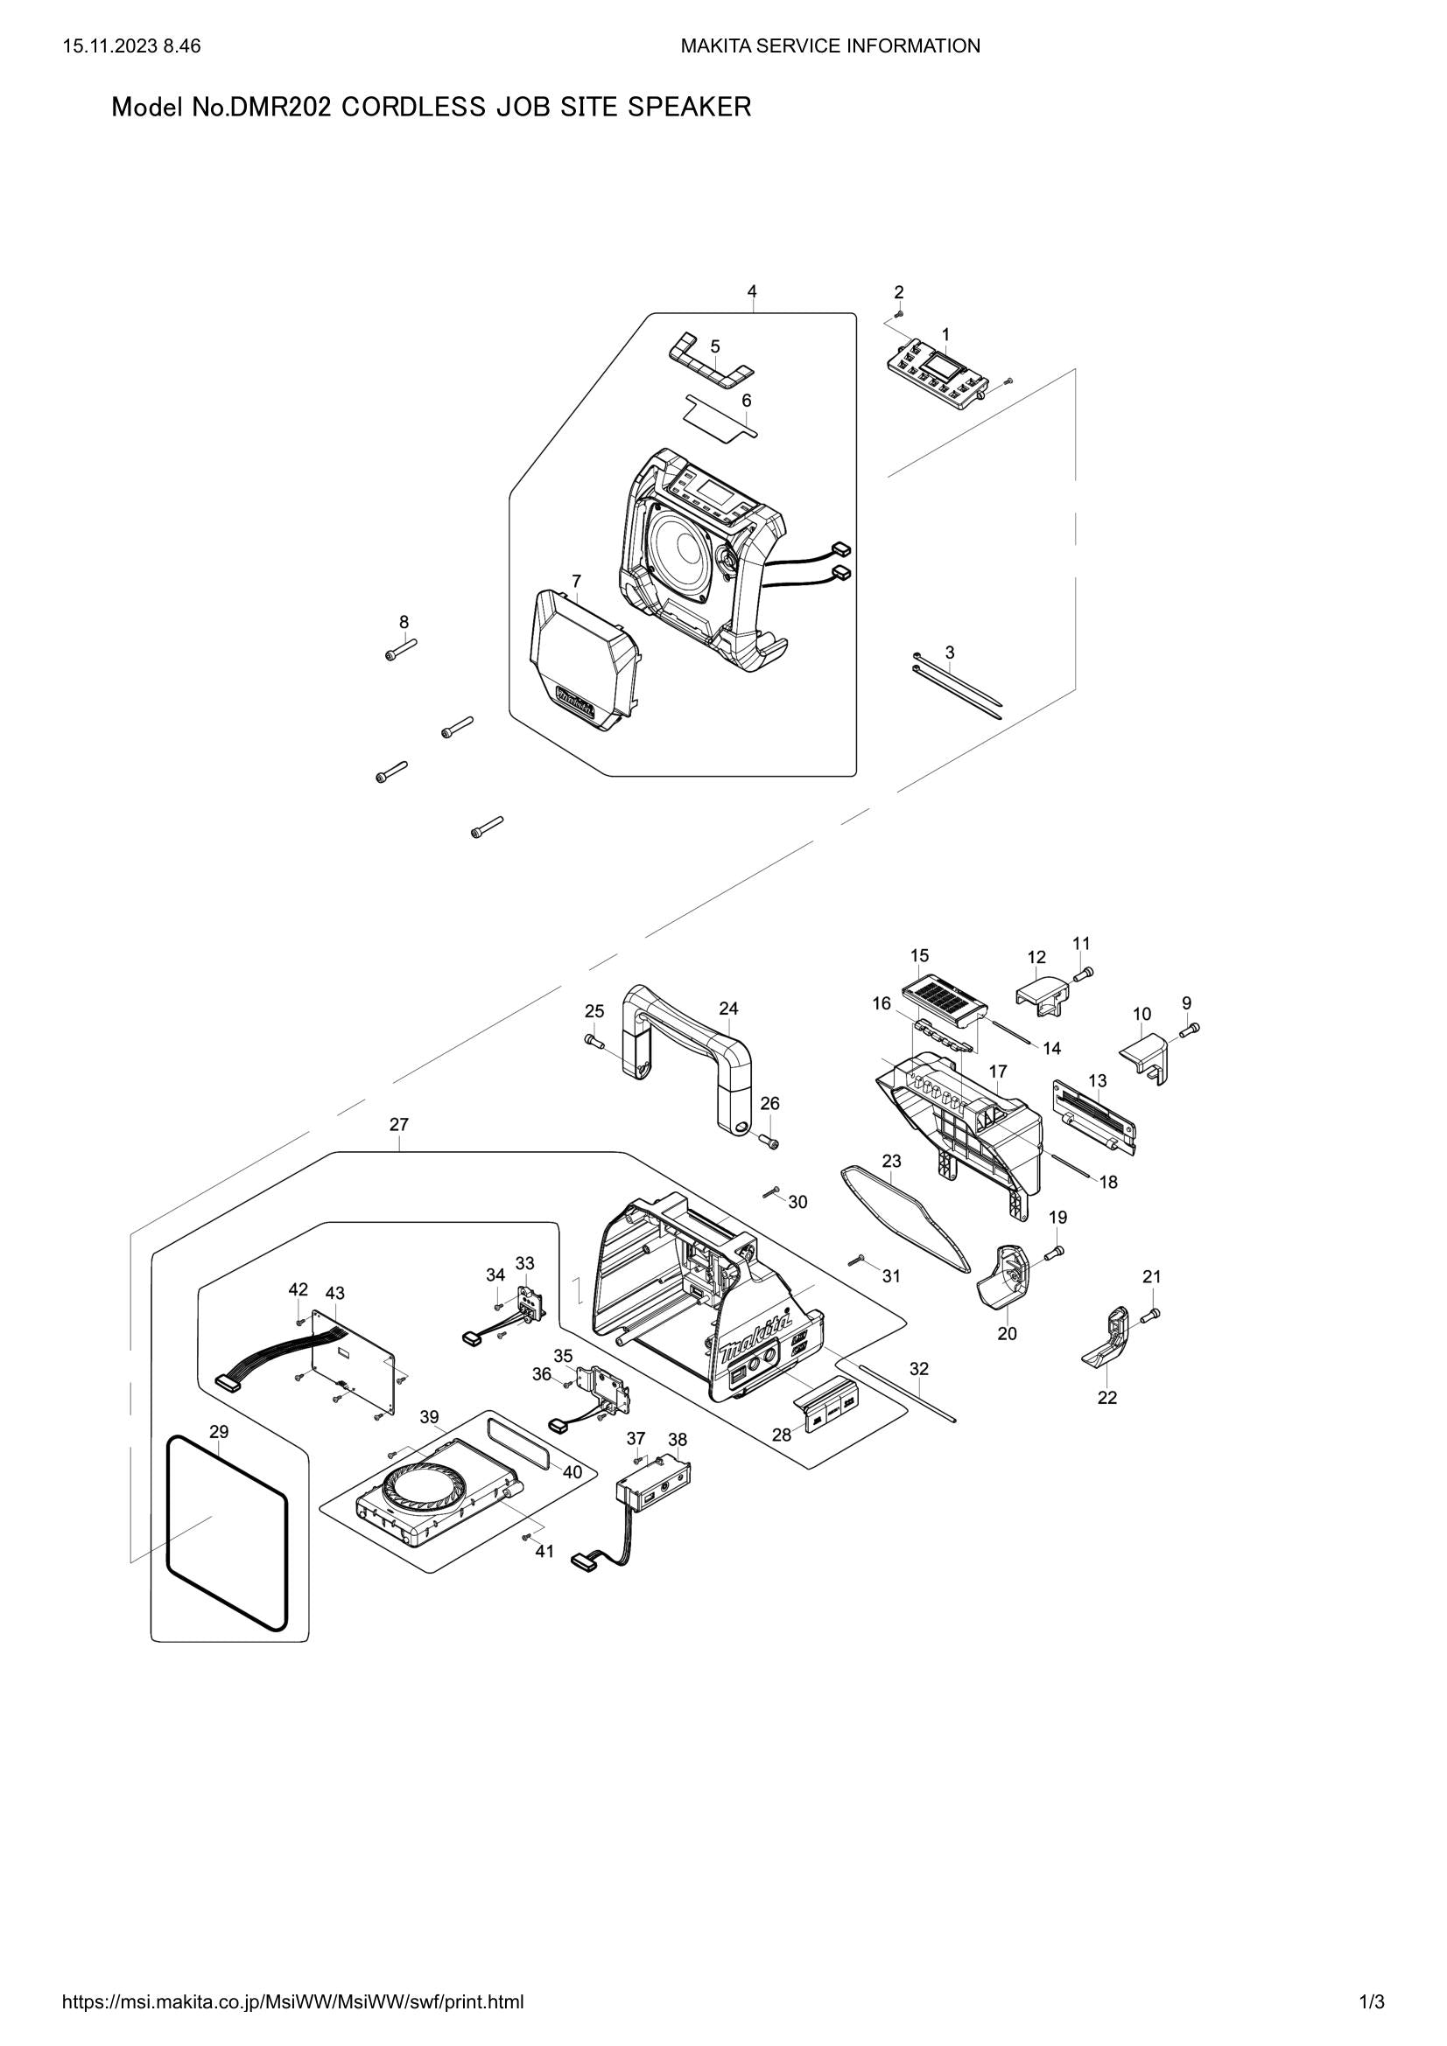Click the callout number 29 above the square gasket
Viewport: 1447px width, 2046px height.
219,1432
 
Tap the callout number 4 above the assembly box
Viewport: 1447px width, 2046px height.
752,291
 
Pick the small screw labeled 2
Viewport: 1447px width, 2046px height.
900,314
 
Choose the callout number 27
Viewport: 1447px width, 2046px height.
398,1125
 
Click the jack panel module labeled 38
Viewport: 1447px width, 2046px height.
656,1485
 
